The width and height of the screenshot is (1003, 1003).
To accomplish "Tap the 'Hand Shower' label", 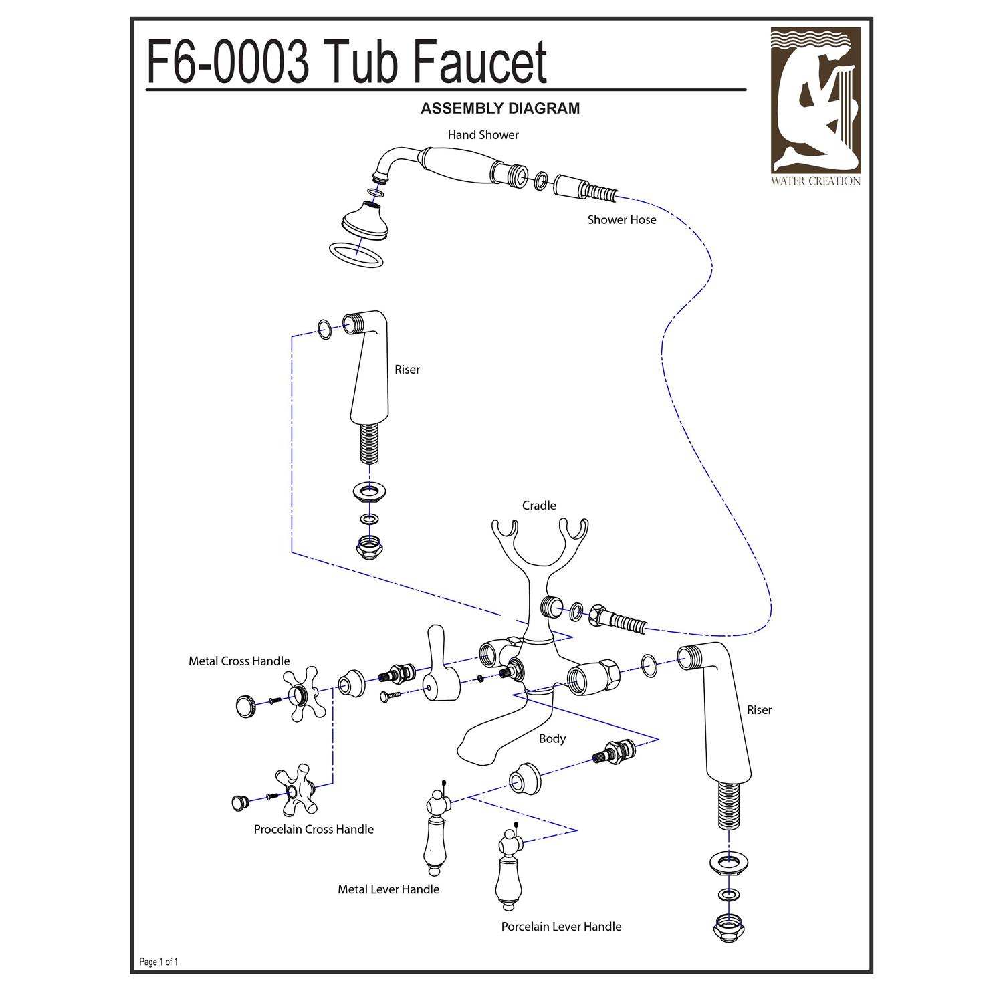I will (x=483, y=135).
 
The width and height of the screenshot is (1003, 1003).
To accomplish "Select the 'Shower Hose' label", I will (x=621, y=220).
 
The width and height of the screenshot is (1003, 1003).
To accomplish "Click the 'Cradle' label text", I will (x=539, y=506).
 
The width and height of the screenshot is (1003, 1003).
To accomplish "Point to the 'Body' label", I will (x=552, y=738).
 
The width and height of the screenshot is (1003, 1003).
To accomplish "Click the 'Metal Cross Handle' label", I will (x=239, y=661).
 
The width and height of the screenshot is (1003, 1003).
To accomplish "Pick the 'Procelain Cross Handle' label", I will (x=314, y=830).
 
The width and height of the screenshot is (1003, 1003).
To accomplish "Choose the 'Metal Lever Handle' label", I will (x=388, y=889).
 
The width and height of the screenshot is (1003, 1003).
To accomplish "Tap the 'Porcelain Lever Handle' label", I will (x=561, y=927).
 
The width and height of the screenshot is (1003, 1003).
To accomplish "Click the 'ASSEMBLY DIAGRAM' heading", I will (x=500, y=108).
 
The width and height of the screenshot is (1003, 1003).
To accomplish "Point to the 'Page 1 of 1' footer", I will (x=158, y=962).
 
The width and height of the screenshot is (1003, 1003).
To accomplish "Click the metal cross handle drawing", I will (x=305, y=693).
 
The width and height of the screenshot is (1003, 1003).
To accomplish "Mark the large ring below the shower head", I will (x=356, y=255).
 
